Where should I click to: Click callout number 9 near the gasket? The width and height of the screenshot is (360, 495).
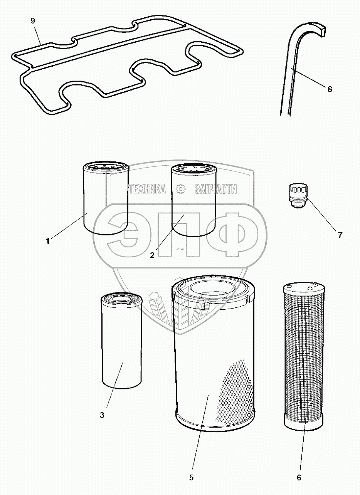pyautogui.click(x=32, y=21)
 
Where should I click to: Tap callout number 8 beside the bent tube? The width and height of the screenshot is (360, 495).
pyautogui.click(x=330, y=89)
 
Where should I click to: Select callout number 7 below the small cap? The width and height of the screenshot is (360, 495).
pyautogui.click(x=340, y=235)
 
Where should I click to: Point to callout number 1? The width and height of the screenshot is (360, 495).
pyautogui.click(x=48, y=241)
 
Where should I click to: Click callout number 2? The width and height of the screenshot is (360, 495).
pyautogui.click(x=152, y=255)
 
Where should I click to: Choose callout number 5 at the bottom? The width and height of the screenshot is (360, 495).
pyautogui.click(x=191, y=478)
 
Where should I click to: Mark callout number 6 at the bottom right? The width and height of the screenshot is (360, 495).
pyautogui.click(x=299, y=478)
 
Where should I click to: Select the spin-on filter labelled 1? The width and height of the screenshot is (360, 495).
pyautogui.click(x=106, y=198)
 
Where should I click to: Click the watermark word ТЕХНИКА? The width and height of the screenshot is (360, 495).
pyautogui.click(x=147, y=189)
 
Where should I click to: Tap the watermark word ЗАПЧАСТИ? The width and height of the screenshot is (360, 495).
pyautogui.click(x=215, y=189)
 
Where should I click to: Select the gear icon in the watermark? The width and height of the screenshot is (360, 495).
pyautogui.click(x=180, y=189)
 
